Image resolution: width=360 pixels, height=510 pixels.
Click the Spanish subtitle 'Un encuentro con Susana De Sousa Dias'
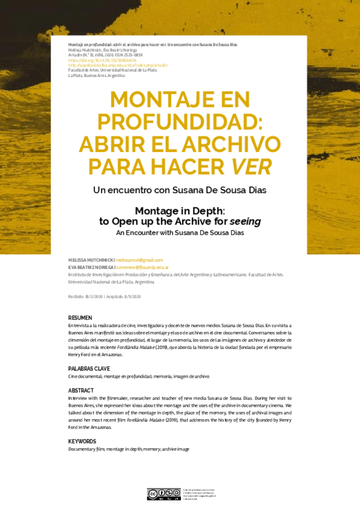click(180, 190)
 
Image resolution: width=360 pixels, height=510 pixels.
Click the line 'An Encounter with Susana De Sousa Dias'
click(180, 232)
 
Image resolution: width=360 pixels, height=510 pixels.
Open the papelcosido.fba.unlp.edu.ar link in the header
click(118, 65)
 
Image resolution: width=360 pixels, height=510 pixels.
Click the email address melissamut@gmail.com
click(139, 260)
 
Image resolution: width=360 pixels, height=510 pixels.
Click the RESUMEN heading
click(80, 318)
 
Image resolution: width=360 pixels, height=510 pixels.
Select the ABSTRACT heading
click(81, 390)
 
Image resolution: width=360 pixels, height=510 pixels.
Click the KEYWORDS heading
click(82, 441)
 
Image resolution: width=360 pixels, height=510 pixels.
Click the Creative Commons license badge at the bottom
click(164, 493)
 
